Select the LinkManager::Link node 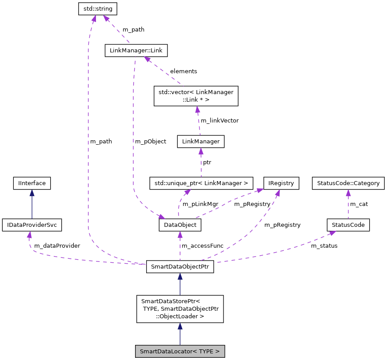[x=136, y=51]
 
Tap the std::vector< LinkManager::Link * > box [x=196, y=96]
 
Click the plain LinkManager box [x=200, y=142]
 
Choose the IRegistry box [x=281, y=182]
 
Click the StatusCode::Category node [x=348, y=182]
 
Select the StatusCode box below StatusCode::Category [x=348, y=225]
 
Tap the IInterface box [x=32, y=182]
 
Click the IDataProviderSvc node [x=32, y=225]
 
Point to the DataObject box [x=180, y=225]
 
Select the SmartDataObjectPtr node [x=180, y=267]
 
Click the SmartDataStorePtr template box [x=180, y=309]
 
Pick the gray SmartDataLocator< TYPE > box [x=180, y=351]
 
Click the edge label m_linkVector [x=219, y=120]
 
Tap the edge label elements [x=184, y=71]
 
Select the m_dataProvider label [x=57, y=245]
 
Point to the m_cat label [x=359, y=204]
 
